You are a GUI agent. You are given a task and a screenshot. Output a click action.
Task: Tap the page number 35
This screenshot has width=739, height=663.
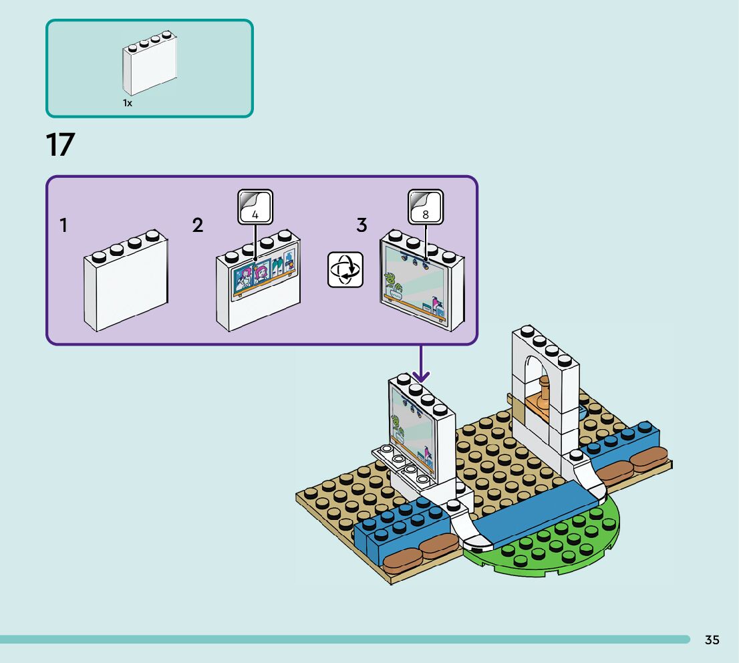click(x=712, y=640)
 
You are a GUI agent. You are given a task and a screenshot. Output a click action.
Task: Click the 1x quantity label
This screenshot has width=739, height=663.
click(x=127, y=103)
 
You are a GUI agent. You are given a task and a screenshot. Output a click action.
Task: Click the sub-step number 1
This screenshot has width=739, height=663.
click(x=63, y=226)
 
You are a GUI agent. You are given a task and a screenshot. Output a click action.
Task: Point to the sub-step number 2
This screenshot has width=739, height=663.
click(x=197, y=226)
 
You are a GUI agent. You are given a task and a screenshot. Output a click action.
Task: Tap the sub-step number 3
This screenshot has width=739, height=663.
click(x=361, y=226)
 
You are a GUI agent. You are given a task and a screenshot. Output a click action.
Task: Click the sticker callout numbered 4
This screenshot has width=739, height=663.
click(x=255, y=207)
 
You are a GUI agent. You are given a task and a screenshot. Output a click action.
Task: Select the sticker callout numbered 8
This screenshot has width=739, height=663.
click(x=426, y=207)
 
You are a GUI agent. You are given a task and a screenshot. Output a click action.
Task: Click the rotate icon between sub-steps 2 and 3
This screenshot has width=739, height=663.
click(x=345, y=270)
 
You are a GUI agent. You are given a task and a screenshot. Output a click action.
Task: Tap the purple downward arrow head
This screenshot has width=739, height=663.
click(x=421, y=378)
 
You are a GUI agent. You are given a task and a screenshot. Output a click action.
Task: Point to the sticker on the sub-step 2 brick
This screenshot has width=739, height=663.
click(x=264, y=277)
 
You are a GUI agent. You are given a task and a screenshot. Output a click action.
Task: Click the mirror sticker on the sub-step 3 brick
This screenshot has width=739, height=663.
click(x=414, y=284)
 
